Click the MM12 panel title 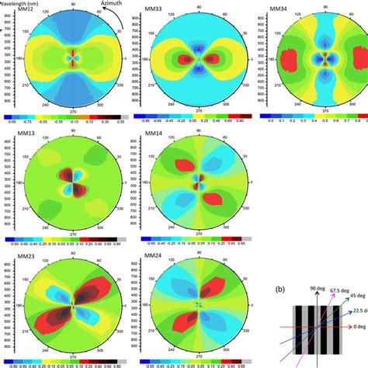[x=16, y=9]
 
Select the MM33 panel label [x=158, y=9]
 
